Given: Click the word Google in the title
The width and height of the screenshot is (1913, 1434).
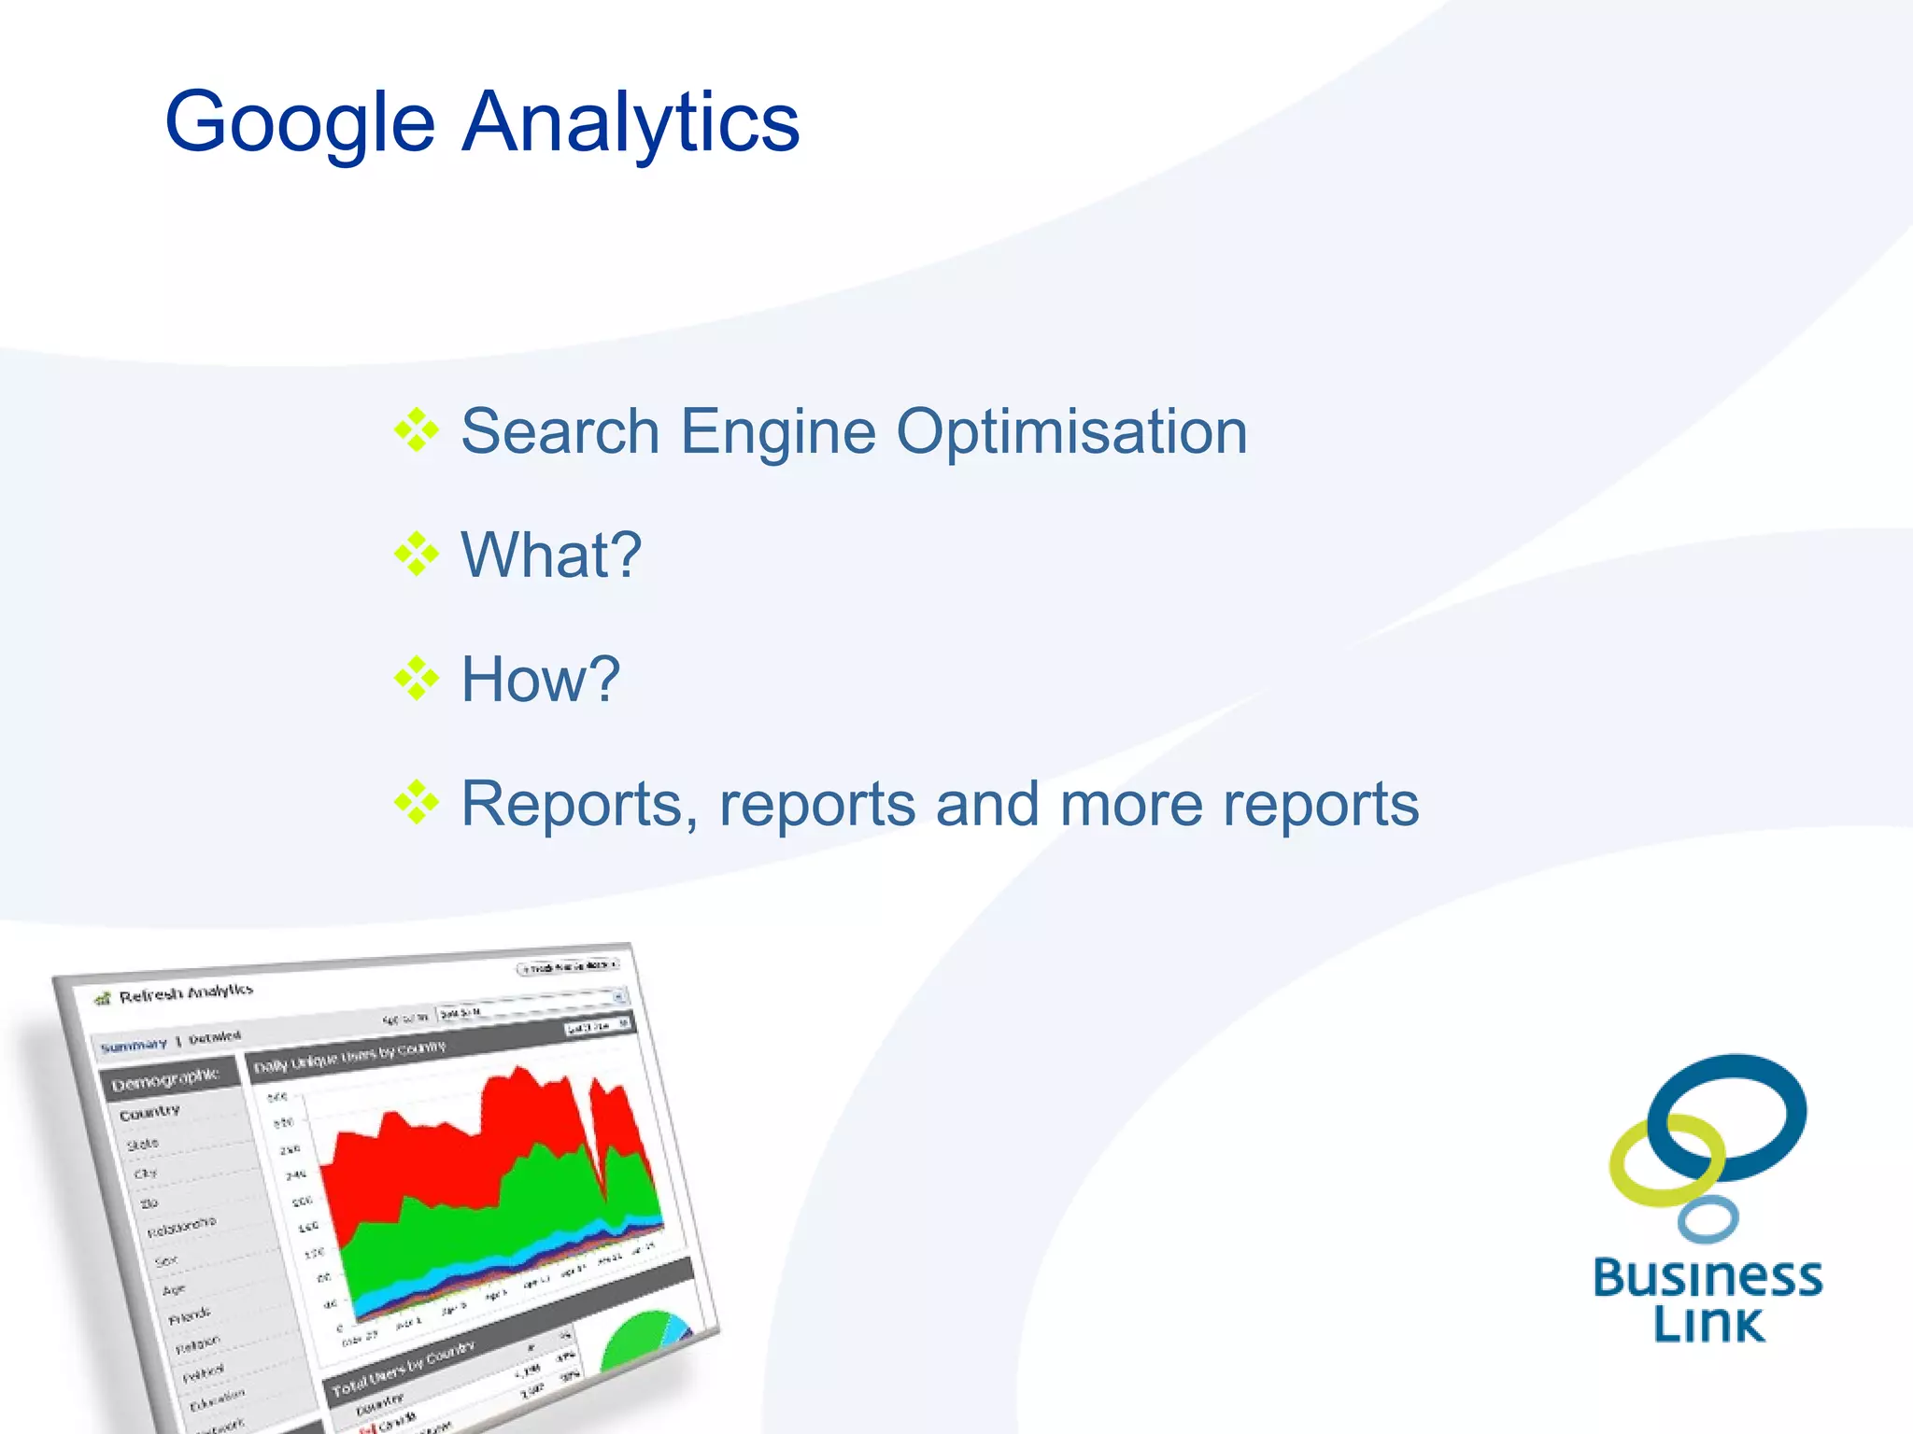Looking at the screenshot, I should coord(299,123).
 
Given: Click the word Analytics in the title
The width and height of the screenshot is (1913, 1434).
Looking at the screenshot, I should coord(631,121).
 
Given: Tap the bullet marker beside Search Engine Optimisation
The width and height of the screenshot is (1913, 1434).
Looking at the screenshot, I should coord(416,430).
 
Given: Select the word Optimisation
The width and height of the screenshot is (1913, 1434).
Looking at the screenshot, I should coord(1071,431).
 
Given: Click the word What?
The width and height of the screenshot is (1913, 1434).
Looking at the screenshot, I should coord(551,555).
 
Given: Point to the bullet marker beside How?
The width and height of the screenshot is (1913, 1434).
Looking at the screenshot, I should coord(416,679).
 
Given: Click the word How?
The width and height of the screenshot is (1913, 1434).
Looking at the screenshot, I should coord(540,679).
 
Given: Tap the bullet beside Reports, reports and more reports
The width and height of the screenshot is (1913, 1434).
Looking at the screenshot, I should coord(416,803).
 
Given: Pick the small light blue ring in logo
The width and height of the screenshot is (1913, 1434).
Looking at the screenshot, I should coord(1708,1219).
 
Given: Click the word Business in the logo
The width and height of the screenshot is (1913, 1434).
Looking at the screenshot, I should coord(1708,1277).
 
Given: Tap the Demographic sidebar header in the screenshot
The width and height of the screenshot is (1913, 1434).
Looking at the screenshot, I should coord(164,1080).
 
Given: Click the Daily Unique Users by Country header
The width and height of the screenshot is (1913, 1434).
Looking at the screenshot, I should coord(350,1057).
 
